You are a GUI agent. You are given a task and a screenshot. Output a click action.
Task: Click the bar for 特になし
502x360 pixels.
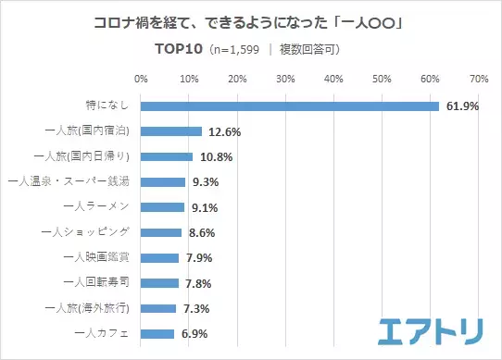tap(290, 106)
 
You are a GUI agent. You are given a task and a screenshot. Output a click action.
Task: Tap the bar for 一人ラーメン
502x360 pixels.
tap(163, 207)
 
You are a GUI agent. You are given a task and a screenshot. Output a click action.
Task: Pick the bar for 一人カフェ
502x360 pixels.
tap(157, 333)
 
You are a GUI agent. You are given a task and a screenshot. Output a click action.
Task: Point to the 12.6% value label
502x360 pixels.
tap(223, 131)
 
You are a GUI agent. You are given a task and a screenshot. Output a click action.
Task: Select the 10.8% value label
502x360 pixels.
tap(215, 157)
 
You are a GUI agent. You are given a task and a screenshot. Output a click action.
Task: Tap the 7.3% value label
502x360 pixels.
tap(197, 308)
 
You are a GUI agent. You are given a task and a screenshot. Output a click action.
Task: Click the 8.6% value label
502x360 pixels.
tap(204, 232)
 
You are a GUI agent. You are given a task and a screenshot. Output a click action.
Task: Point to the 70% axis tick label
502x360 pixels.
tap(479, 78)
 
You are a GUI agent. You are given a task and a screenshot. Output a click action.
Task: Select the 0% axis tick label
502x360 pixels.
tap(141, 78)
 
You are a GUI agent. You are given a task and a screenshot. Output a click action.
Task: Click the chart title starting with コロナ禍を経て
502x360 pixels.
tap(250, 21)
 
